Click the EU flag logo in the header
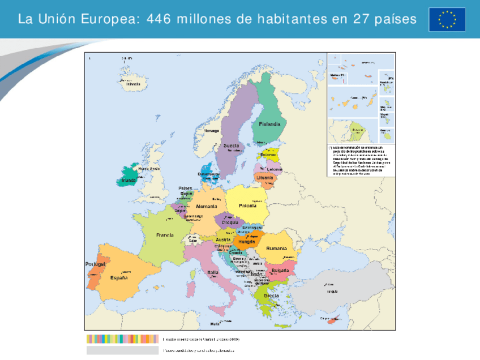[x=447, y=19]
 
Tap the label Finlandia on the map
[x=269, y=125]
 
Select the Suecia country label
[x=231, y=145]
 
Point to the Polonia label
[x=247, y=206]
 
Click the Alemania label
[x=206, y=207]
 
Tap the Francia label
[x=165, y=234]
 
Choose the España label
[x=119, y=278]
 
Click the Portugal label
[x=95, y=264]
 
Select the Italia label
[x=213, y=272]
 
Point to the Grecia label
[x=271, y=296]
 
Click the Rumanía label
[x=277, y=248]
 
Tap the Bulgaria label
[x=280, y=271]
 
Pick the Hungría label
[x=247, y=242]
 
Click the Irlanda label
[x=128, y=181]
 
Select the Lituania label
[x=264, y=177]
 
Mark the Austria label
[x=223, y=239]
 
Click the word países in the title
[x=396, y=19]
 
